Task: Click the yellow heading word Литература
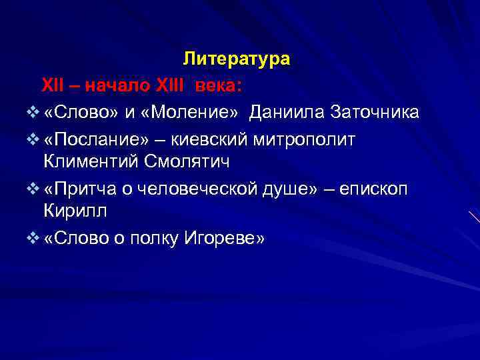[237, 59]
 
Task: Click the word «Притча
[81, 189]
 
